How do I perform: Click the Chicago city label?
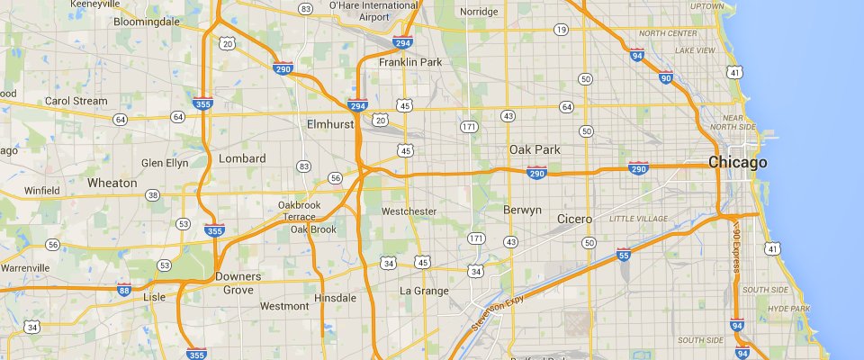tap(737, 163)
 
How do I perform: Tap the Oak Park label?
tap(534, 149)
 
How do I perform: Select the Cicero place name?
tap(574, 219)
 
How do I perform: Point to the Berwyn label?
tap(523, 210)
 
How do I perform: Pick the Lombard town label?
tap(242, 158)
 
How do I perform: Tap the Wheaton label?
tap(112, 183)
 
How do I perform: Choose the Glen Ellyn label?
tap(165, 163)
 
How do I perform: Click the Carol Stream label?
tap(76, 102)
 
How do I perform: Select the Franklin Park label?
tap(409, 63)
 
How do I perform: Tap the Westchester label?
tap(409, 211)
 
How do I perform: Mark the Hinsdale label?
tap(335, 297)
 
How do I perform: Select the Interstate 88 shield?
tap(124, 290)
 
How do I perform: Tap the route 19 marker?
tap(561, 30)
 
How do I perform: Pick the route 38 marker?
tap(153, 195)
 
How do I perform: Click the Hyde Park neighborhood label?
tap(789, 309)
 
